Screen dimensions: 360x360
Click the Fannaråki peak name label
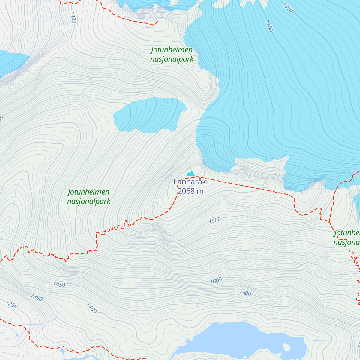(x=190, y=182)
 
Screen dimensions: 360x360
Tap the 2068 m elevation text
(x=190, y=191)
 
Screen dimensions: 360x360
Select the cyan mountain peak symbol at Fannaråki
(x=191, y=173)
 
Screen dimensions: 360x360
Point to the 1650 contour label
(x=287, y=7)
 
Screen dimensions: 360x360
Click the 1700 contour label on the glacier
(x=269, y=26)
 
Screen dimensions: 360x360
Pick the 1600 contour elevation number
(x=216, y=281)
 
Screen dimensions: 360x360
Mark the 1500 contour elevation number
(x=245, y=293)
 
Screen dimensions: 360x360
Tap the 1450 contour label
(x=59, y=284)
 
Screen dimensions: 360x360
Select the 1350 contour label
(x=37, y=297)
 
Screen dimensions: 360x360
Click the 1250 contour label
(x=12, y=304)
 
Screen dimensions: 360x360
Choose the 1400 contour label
(x=92, y=308)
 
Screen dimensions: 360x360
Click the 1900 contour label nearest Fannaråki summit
(x=215, y=220)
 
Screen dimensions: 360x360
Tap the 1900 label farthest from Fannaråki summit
(x=73, y=18)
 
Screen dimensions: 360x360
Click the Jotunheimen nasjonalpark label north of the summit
(x=172, y=55)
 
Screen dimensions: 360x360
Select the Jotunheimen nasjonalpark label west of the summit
(x=89, y=197)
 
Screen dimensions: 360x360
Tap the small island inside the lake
(x=287, y=347)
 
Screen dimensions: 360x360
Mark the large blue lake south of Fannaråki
(x=240, y=339)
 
